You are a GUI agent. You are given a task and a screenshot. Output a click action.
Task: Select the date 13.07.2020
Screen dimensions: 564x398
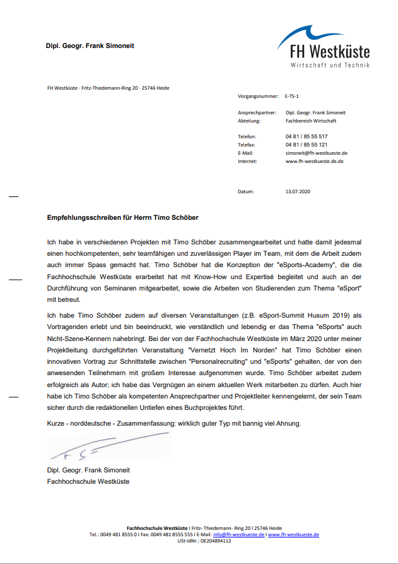pos(298,191)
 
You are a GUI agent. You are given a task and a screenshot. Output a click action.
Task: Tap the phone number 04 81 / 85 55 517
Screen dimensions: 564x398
pos(306,136)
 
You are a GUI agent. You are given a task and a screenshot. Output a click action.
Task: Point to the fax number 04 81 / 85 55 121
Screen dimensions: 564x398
pos(306,145)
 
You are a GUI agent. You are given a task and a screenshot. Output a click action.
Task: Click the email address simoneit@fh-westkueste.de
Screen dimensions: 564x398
pos(316,153)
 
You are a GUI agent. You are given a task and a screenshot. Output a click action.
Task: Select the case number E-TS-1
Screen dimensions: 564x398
pos(292,97)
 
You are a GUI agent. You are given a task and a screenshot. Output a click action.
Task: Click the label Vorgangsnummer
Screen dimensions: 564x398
pos(258,97)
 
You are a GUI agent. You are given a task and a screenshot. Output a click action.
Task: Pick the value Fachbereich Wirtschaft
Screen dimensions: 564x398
pos(311,120)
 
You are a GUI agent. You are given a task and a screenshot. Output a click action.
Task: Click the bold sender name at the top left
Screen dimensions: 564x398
pos(90,46)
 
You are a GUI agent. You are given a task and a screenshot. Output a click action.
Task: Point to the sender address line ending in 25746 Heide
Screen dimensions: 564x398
pos(108,88)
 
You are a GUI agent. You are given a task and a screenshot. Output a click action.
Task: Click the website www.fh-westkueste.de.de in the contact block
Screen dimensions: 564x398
pos(314,161)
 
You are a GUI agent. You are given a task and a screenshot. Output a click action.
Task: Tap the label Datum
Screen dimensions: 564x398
pos(245,191)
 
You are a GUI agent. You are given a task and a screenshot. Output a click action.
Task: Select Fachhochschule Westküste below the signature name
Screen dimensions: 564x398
pos(88,481)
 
